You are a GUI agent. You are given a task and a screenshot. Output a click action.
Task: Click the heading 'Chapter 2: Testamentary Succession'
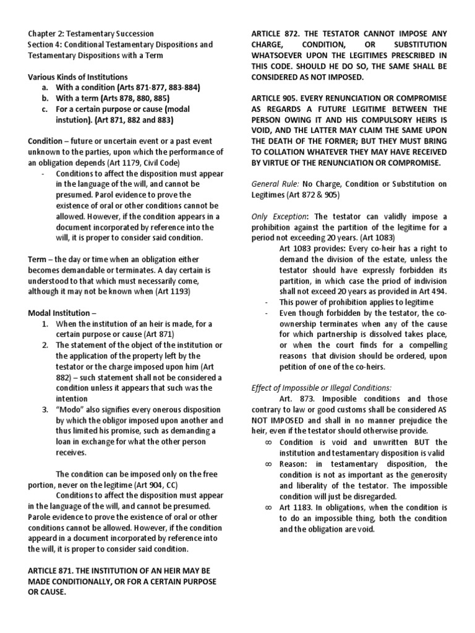tap(91, 33)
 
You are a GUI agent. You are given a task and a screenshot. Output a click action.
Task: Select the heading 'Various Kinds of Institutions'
tap(77, 76)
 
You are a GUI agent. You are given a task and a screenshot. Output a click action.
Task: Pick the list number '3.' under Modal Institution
tap(46, 409)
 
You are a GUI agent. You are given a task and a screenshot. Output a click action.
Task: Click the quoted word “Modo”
tap(70, 409)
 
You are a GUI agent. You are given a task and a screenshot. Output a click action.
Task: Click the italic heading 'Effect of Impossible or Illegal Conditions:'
tap(321, 388)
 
